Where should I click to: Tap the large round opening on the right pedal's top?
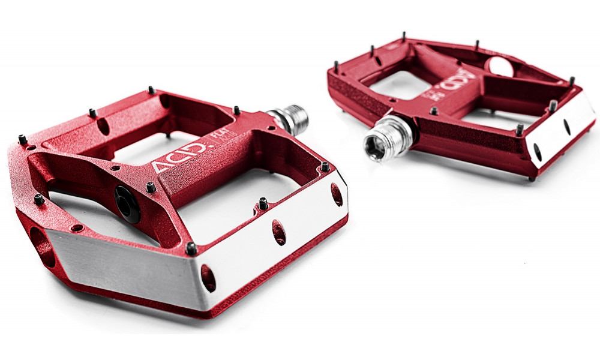[x=501, y=67]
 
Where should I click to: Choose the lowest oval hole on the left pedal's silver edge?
[x=208, y=277]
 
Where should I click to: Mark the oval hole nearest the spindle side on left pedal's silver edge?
[x=337, y=195]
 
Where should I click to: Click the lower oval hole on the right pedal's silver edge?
[x=538, y=152]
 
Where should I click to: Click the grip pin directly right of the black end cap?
[x=151, y=188]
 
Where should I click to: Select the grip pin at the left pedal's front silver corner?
[x=191, y=247]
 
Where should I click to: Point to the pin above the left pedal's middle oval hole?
[x=263, y=203]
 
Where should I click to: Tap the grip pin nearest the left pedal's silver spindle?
[x=237, y=110]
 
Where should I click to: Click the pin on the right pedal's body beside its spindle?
[x=433, y=111]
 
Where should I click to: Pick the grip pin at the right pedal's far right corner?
[x=572, y=80]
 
